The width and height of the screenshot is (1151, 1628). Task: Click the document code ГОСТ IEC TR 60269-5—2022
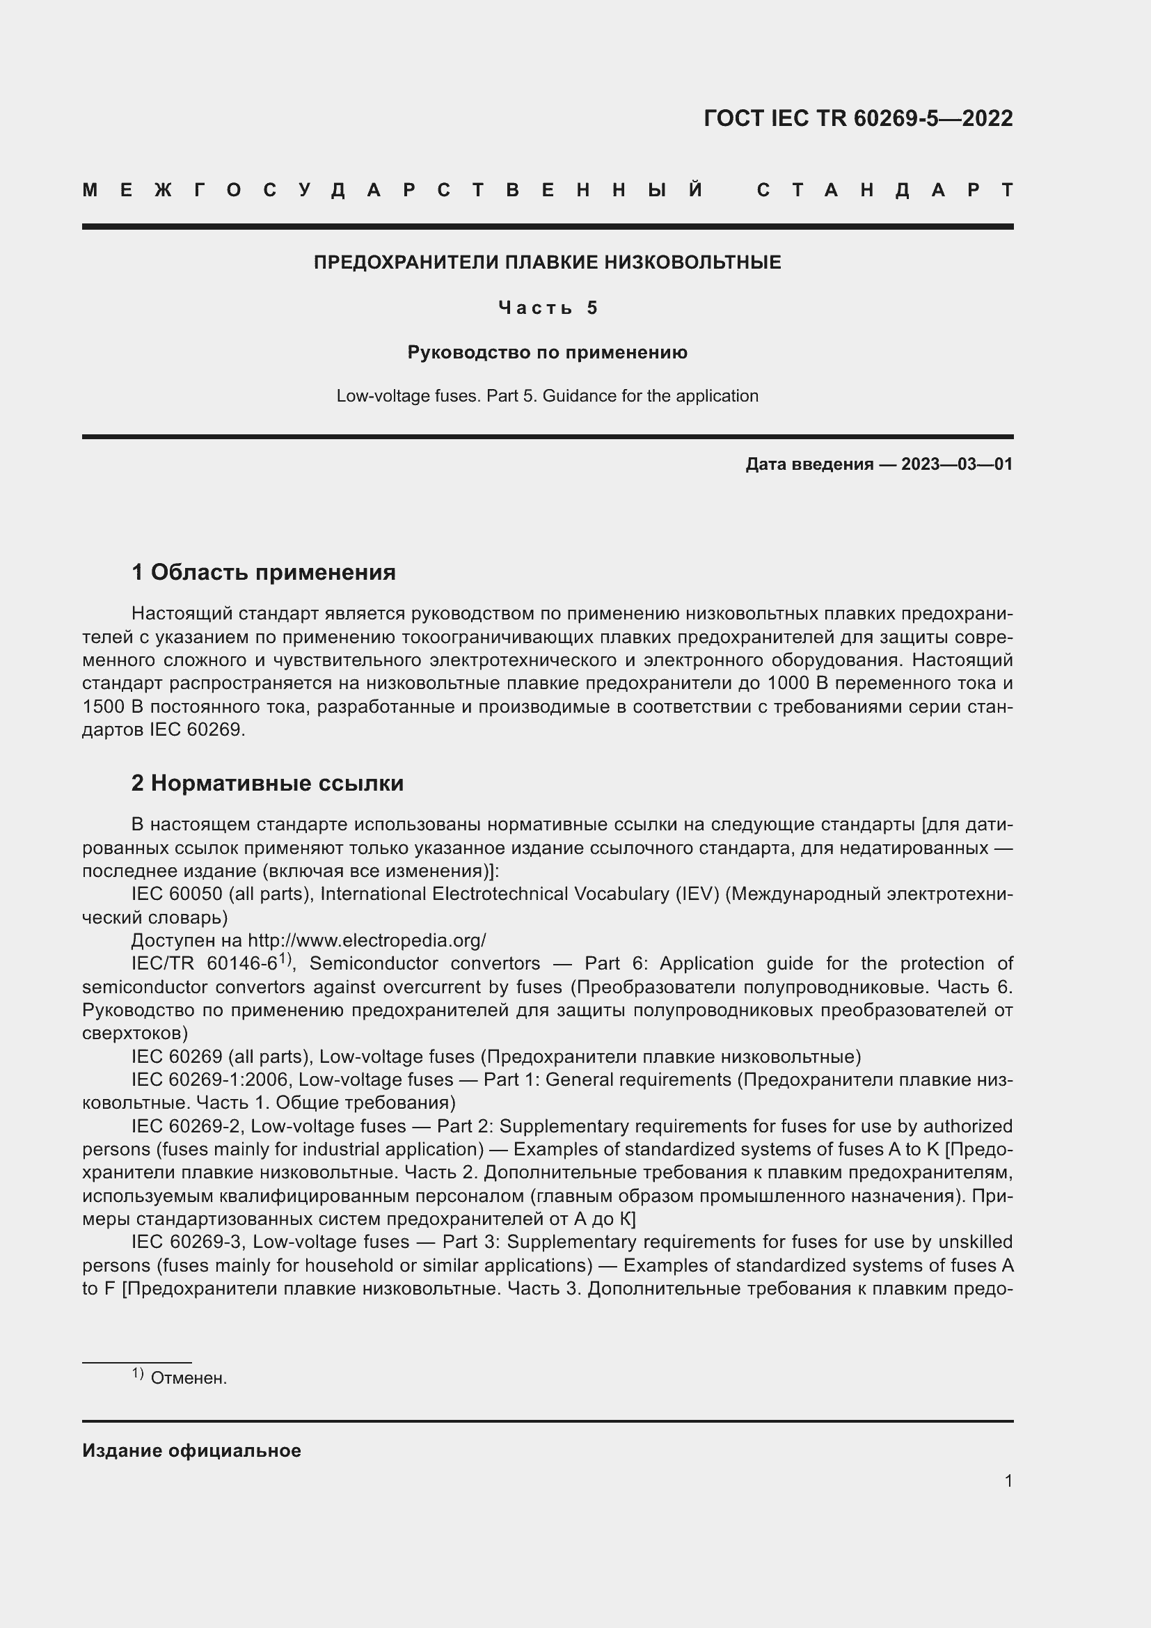tap(857, 118)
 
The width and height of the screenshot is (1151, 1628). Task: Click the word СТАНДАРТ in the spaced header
tap(884, 191)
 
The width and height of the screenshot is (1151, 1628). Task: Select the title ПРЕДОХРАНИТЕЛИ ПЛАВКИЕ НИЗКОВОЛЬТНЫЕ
tap(547, 262)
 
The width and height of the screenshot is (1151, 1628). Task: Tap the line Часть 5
tap(547, 308)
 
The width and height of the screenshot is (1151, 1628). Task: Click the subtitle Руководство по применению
tap(547, 352)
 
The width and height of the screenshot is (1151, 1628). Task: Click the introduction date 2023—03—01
tap(956, 464)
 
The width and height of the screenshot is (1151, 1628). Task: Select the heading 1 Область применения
tap(264, 571)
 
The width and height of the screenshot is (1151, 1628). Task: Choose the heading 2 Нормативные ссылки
tap(267, 783)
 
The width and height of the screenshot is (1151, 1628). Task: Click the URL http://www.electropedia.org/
tap(367, 941)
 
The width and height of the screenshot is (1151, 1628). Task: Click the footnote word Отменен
tap(189, 1378)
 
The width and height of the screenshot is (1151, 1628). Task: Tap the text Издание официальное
tap(191, 1451)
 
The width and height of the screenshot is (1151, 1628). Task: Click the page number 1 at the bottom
tap(1008, 1480)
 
